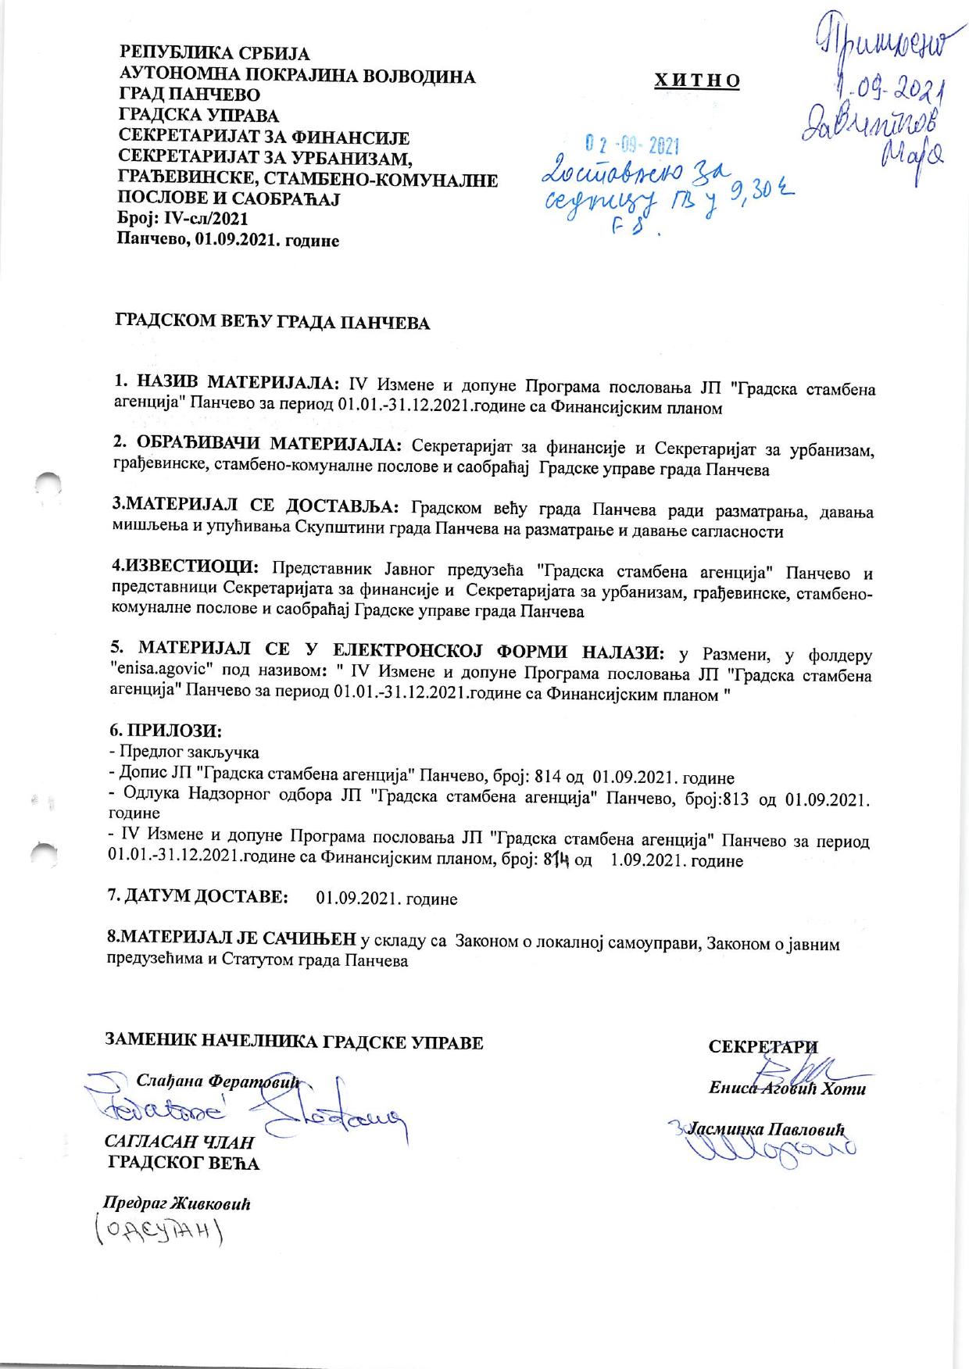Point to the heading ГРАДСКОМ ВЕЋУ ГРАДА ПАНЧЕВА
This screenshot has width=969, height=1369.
click(273, 322)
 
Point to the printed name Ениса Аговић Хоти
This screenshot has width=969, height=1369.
click(787, 1088)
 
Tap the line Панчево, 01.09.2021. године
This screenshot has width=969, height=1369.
click(227, 241)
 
